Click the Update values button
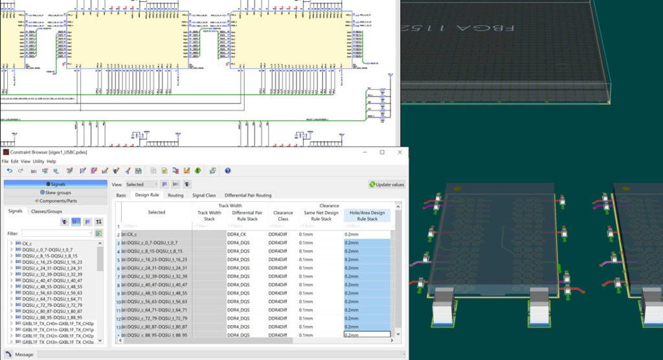click(x=387, y=185)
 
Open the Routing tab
click(x=175, y=195)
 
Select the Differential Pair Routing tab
click(x=248, y=195)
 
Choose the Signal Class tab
click(x=204, y=195)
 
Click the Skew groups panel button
click(x=55, y=192)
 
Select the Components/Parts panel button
click(x=55, y=201)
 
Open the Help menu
click(x=52, y=161)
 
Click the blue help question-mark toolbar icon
click(x=228, y=171)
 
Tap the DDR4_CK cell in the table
click(x=236, y=234)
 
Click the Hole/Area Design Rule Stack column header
click(x=367, y=216)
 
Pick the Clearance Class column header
click(x=283, y=216)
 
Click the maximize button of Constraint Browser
click(x=382, y=152)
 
